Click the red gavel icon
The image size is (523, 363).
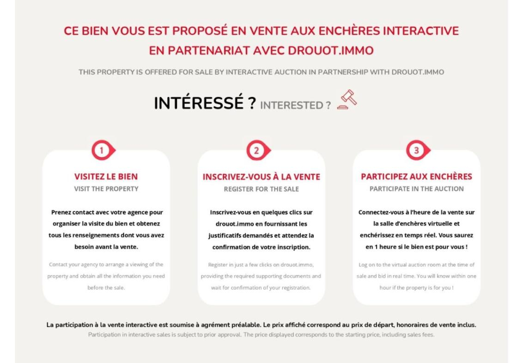point(347,99)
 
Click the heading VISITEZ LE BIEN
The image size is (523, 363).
point(106,177)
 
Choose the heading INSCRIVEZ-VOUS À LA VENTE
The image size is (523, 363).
point(261,177)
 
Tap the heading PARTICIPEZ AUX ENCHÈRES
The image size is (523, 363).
point(417,177)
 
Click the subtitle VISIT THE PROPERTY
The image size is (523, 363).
point(106,189)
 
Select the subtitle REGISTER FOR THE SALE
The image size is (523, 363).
point(261,189)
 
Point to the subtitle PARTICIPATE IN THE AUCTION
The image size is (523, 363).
point(417,189)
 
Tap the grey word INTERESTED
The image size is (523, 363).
point(292,105)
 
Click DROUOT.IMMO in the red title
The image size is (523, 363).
point(330,51)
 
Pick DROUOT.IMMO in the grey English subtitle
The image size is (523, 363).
point(418,72)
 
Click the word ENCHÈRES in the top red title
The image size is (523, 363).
point(349,31)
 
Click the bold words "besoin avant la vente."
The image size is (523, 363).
point(106,247)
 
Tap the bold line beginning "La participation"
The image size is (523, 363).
point(261,325)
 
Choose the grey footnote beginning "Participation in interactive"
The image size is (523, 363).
point(261,335)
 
